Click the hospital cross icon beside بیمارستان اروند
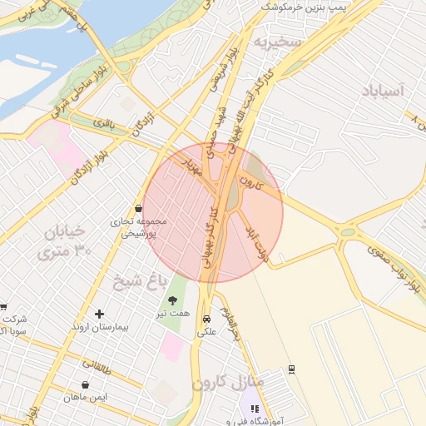tap(100, 314)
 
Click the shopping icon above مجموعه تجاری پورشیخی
tap(138, 208)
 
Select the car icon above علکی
tap(206, 318)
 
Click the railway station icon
tap(291, 369)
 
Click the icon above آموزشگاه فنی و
tap(255, 409)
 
